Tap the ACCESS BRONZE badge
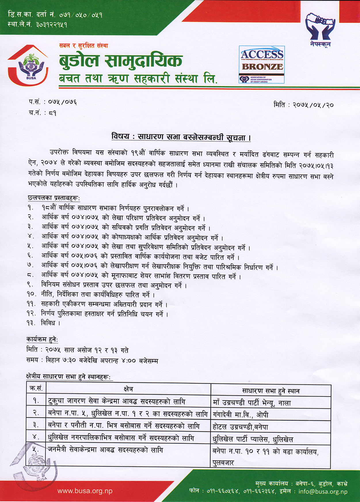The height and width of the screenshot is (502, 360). point(262,65)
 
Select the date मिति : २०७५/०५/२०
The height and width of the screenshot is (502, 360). point(304,105)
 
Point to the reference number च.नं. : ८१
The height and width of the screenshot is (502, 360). point(43,113)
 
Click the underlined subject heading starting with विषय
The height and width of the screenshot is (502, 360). point(181,137)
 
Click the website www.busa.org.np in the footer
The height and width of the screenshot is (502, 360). point(85,491)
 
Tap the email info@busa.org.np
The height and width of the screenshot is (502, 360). point(323,491)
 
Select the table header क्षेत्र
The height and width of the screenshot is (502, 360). point(128,389)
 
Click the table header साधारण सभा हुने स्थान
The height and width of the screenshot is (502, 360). point(271,391)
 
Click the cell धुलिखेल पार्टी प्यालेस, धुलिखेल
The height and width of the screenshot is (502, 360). point(253,439)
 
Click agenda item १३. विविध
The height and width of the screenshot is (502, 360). point(43,323)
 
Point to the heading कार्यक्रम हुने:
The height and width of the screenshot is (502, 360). point(42,340)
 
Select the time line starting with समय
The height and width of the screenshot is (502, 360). point(92,361)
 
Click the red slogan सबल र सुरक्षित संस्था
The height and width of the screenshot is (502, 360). point(83,45)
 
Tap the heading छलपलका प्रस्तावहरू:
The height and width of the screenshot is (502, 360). point(54,198)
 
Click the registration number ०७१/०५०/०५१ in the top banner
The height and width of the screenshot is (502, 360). point(81,15)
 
